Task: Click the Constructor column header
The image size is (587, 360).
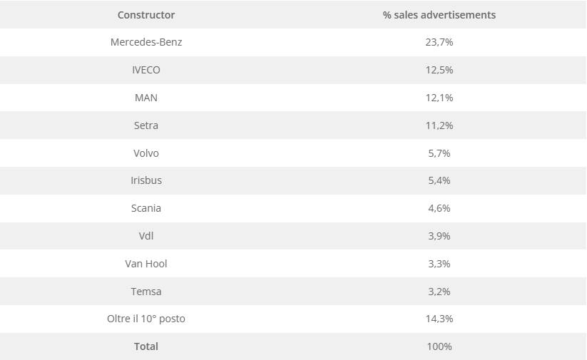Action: (146, 15)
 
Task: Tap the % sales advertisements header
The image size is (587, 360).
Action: (439, 15)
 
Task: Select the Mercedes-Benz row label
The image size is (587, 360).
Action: (146, 42)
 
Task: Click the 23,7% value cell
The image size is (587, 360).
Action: (439, 42)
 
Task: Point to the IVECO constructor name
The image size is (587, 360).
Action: (146, 70)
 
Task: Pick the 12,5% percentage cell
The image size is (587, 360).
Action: (439, 70)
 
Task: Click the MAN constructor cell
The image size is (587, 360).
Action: (146, 98)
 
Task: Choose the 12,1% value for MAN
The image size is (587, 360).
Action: (439, 98)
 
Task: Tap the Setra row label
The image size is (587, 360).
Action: (146, 125)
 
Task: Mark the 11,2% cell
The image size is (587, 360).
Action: (439, 125)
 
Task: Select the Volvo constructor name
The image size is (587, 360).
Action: (146, 153)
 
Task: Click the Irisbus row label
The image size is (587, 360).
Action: (146, 180)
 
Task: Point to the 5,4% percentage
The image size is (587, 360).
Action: (439, 180)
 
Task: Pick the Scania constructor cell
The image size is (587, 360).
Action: (146, 208)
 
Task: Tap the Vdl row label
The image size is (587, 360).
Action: (146, 236)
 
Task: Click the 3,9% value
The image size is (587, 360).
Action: (439, 236)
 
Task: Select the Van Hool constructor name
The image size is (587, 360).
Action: (146, 264)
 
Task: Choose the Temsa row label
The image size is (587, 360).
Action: (146, 292)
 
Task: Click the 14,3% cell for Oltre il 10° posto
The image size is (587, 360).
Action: (439, 319)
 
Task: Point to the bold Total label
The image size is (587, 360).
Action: (146, 346)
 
